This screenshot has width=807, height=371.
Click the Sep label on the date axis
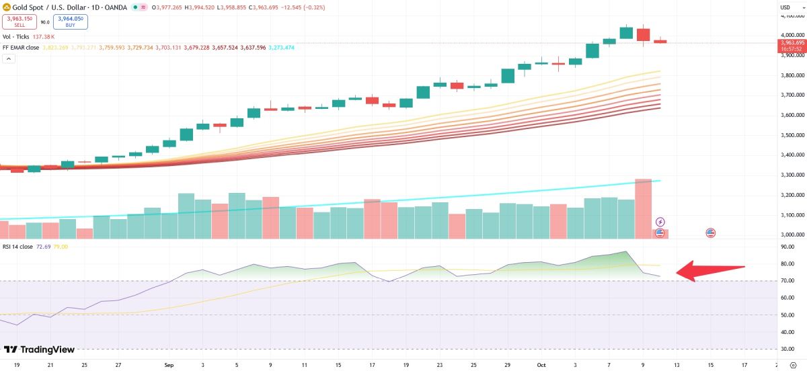tap(169, 365)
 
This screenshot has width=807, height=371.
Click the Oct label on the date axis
tap(541, 365)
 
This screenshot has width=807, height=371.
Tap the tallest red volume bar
tap(643, 208)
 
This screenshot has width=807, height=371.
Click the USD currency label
tap(784, 7)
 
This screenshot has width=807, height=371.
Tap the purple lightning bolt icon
tap(660, 222)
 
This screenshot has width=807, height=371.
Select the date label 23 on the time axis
tap(438, 365)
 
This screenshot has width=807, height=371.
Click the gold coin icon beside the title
tap(6, 7)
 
